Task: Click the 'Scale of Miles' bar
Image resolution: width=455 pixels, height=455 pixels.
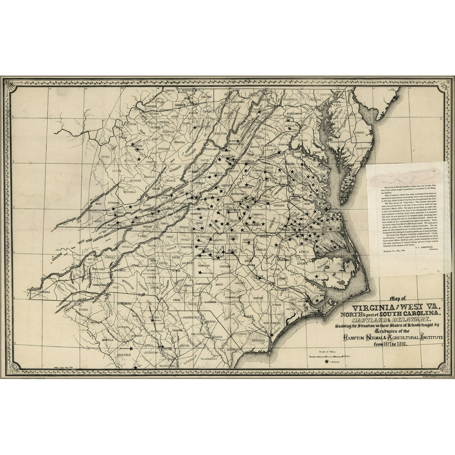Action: pos(327,356)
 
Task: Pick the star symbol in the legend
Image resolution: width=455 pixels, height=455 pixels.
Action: pos(327,362)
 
